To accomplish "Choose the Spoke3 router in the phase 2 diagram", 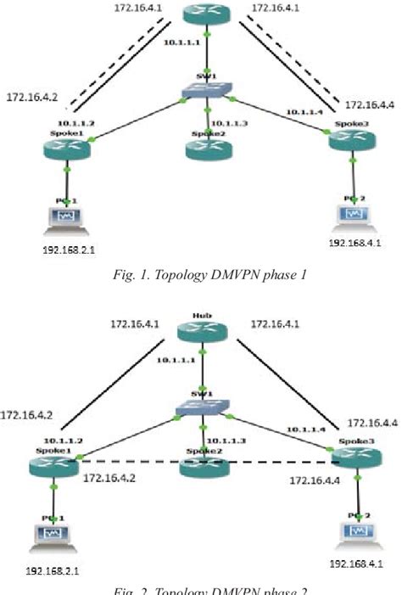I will tap(349, 458).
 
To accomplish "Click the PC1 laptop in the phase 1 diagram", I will tap(64, 216).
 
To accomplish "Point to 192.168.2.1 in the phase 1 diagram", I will tap(64, 252).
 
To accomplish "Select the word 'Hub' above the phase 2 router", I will tap(201, 314).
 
